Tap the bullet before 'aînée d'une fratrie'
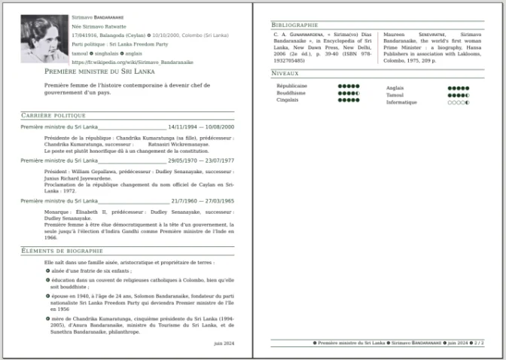[47, 270]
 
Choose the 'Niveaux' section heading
[285, 73]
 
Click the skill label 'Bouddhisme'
[291, 93]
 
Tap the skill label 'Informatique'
[401, 102]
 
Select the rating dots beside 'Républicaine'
[349, 87]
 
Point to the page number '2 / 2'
[479, 343]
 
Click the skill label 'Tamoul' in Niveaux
[395, 95]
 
